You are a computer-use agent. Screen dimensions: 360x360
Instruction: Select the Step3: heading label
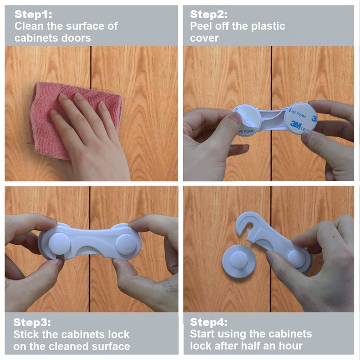click(x=32, y=322)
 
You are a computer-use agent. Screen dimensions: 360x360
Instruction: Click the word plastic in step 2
click(x=269, y=26)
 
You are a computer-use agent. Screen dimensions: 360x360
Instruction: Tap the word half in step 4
click(x=250, y=346)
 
